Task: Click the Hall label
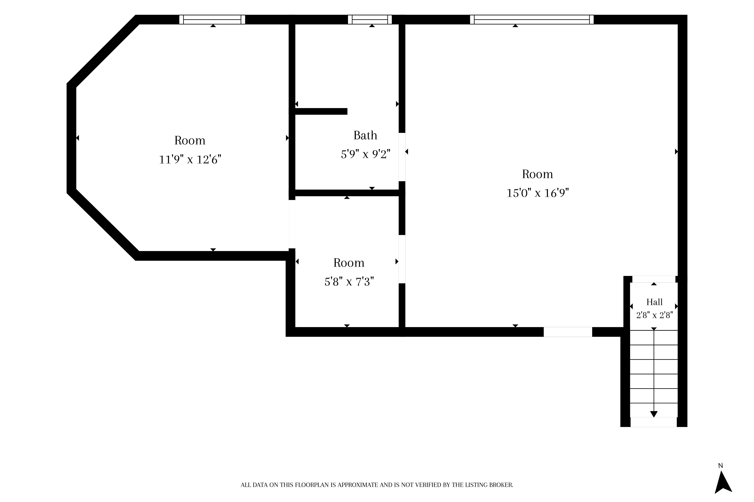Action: click(x=654, y=302)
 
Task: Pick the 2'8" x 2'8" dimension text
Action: click(x=654, y=315)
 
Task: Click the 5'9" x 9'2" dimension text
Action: click(x=366, y=154)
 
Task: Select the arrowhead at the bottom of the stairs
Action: click(x=654, y=414)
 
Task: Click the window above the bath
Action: click(x=370, y=20)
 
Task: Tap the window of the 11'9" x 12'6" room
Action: click(x=212, y=20)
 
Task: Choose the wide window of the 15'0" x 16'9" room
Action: click(x=532, y=20)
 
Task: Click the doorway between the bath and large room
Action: click(x=402, y=157)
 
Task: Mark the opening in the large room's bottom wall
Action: click(x=568, y=332)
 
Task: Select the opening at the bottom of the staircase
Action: click(x=654, y=422)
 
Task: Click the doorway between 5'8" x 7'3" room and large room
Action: click(x=402, y=259)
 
